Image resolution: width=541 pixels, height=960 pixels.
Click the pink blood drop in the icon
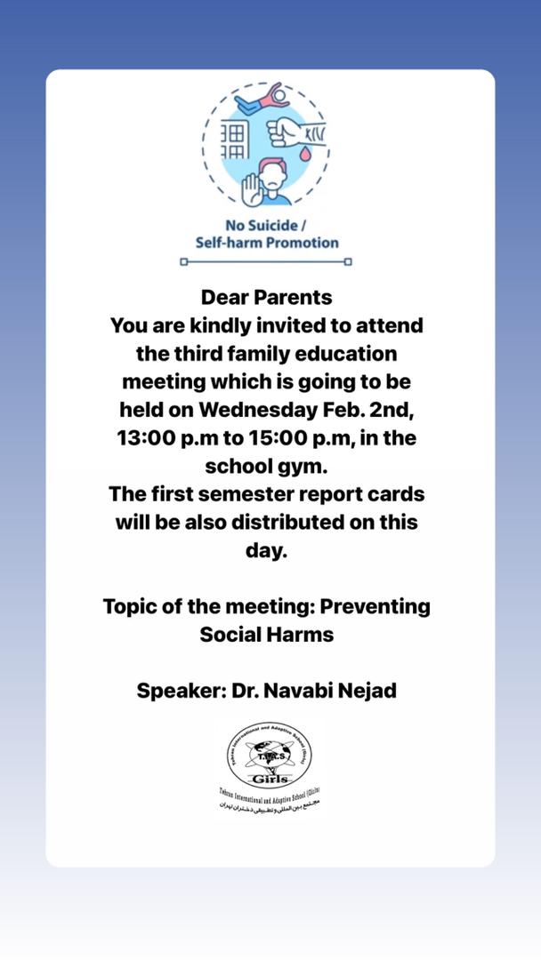pyautogui.click(x=305, y=153)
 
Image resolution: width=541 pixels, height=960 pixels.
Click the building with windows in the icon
pyautogui.click(x=233, y=141)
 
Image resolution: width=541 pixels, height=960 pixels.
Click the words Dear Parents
pyautogui.click(x=266, y=296)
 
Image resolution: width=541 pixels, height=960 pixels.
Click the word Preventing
pyautogui.click(x=374, y=606)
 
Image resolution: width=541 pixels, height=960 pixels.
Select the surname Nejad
pyautogui.click(x=364, y=690)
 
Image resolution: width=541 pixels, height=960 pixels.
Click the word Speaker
pyautogui.click(x=178, y=690)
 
